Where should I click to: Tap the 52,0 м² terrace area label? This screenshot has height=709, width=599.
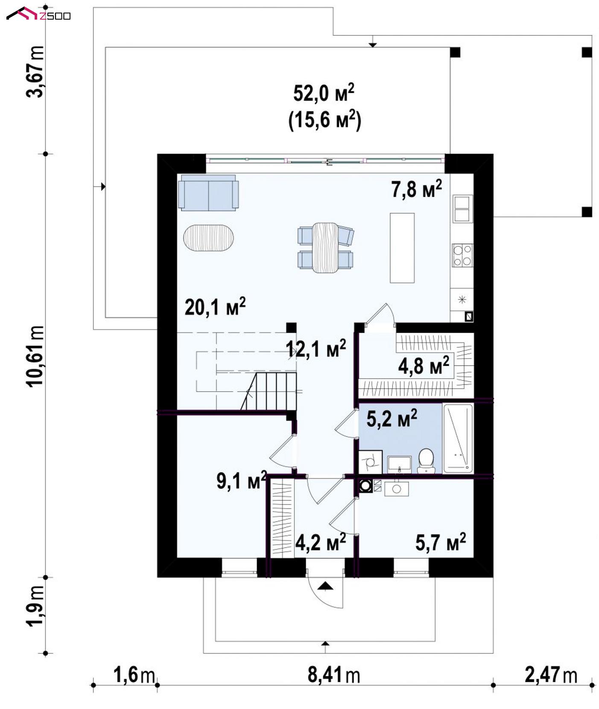coord(324,93)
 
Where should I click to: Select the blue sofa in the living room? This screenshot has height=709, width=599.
coord(209,192)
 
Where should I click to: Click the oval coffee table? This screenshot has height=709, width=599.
coord(209,238)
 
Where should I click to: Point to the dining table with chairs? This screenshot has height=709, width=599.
coord(326,247)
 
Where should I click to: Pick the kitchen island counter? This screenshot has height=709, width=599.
coord(402,248)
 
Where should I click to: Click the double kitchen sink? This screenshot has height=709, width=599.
coord(462,209)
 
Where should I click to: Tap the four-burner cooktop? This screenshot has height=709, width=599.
coord(462,255)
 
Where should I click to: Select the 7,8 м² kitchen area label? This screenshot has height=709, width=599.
coord(416,189)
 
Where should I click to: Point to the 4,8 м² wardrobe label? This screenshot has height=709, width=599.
coord(424,366)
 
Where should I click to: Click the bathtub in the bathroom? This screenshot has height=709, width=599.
coord(458,438)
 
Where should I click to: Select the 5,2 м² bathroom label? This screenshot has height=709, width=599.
coord(392,418)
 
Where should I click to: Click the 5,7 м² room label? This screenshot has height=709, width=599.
coord(441,542)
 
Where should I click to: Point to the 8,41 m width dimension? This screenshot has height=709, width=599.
coord(334,675)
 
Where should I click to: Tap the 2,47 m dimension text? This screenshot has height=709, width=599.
coord(551,675)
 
